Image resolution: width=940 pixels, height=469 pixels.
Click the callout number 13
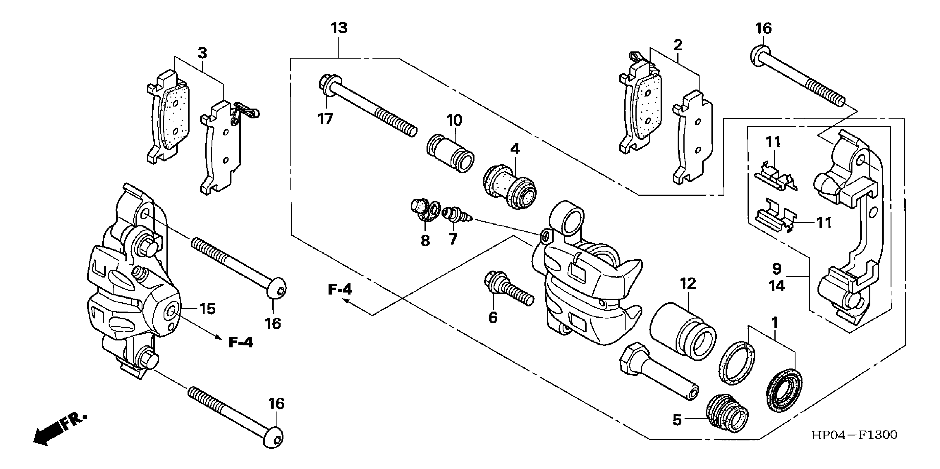coord(339,28)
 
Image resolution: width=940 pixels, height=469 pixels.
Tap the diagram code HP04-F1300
coord(854,435)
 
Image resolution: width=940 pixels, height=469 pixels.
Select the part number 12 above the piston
coord(688,284)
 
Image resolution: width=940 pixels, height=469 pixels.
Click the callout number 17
coord(325,119)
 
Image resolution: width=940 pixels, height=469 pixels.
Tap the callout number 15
coord(207,309)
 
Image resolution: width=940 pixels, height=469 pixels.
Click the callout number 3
coord(202,53)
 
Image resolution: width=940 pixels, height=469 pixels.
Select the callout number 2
coord(678,45)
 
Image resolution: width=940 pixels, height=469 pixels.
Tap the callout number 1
coord(775,323)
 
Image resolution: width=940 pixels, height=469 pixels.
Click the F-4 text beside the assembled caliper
coord(241,342)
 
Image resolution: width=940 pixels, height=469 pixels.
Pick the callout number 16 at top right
coord(763,28)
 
